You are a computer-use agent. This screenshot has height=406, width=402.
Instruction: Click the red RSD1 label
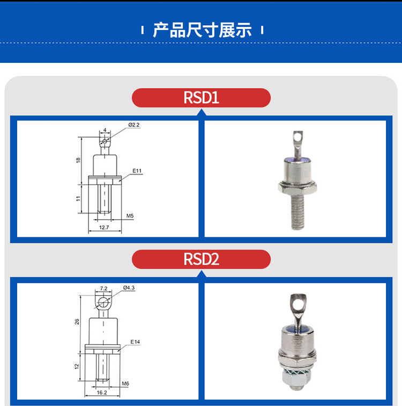pos(201,98)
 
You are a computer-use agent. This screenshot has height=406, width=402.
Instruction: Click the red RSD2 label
pos(201,259)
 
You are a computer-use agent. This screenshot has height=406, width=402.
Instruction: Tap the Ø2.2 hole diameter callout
pos(134,125)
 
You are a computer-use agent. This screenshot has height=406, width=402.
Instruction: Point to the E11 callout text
pos(137,171)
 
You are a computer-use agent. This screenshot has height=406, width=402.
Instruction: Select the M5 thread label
pos(130,216)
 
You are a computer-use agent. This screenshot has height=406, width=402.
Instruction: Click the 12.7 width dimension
pos(104,227)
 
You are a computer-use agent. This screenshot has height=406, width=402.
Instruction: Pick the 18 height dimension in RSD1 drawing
pos(78,160)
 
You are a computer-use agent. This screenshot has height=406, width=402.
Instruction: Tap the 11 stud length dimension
pos(78,199)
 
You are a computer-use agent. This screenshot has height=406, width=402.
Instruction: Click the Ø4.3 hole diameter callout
pos(129,288)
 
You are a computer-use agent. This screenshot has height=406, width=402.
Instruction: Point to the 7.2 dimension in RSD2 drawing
pos(103,288)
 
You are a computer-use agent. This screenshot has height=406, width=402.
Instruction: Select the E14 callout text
pos(135,342)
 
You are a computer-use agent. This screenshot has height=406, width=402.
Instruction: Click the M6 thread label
pos(125,383)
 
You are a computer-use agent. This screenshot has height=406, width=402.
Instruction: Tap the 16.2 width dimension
pos(102,393)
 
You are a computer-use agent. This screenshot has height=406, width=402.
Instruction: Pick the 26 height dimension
pos(77,322)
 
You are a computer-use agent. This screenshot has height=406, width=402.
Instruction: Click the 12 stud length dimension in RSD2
pos(77,366)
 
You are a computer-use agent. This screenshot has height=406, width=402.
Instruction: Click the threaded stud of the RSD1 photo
pos(297,211)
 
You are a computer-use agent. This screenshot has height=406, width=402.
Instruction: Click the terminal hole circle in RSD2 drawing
pos(103,302)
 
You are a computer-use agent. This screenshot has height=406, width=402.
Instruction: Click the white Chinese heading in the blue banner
pos(202,30)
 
